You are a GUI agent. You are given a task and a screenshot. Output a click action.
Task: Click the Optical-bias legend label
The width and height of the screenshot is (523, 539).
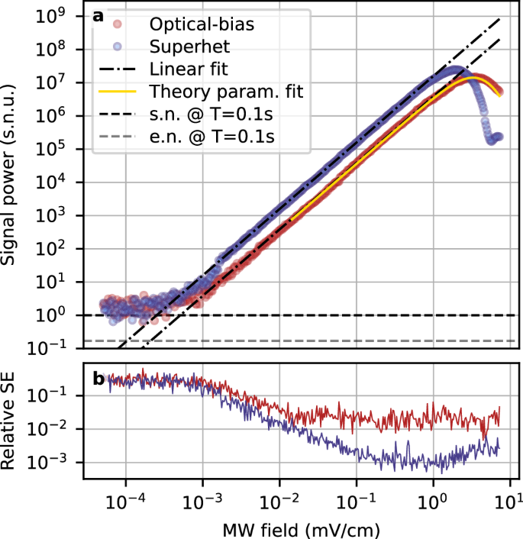[201, 24]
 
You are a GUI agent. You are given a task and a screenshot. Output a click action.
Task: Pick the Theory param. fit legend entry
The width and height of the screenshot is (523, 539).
[226, 93]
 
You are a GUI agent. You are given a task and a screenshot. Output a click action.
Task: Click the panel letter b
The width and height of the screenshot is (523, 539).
[98, 377]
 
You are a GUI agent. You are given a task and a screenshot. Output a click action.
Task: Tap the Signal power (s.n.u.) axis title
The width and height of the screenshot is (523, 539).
[13, 176]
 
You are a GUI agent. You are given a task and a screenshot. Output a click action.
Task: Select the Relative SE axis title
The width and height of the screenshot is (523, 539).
[13, 421]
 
